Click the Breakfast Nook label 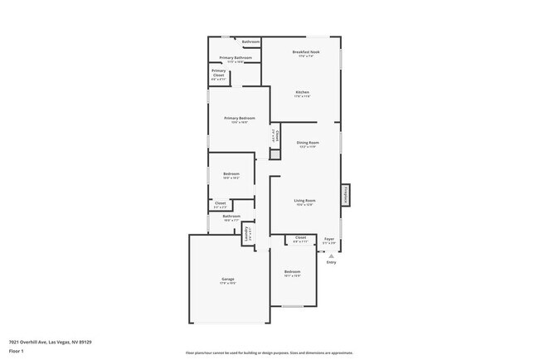point(305,51)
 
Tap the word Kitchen point(301,92)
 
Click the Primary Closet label point(218,73)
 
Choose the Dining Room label point(308,143)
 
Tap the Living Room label point(304,200)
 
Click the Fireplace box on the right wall point(345,195)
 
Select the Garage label point(227,279)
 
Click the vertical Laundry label point(246,235)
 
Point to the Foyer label point(329,238)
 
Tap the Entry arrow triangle point(331,256)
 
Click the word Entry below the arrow point(331,263)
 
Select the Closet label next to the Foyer point(300,238)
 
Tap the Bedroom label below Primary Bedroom point(231,173)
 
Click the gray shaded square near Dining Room point(275,153)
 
